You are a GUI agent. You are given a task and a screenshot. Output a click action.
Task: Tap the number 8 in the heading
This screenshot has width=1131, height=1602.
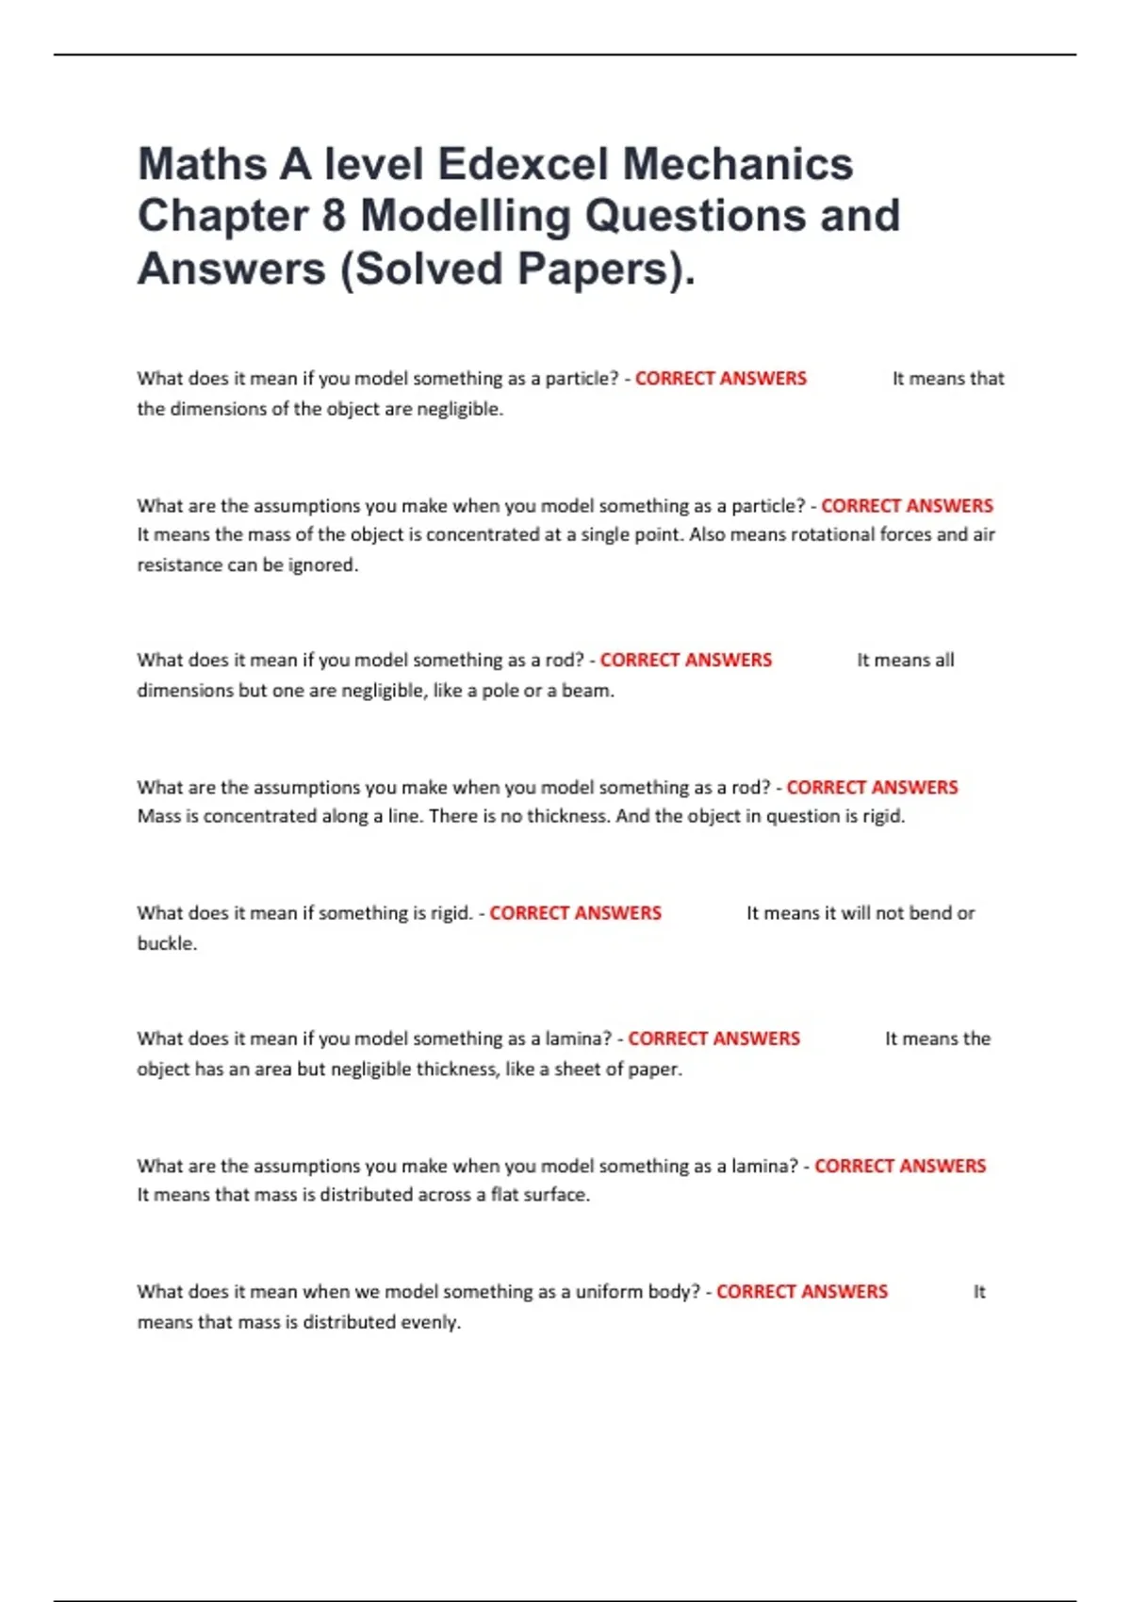[334, 216]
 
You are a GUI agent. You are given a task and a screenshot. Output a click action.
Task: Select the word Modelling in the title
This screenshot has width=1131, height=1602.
[467, 216]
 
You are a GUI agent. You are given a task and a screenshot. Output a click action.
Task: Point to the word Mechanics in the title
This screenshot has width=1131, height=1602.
[738, 164]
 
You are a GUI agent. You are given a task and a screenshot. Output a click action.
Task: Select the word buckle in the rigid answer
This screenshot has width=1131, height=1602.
[165, 943]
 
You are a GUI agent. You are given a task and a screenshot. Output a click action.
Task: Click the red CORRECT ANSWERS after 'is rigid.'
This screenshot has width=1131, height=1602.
[575, 913]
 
